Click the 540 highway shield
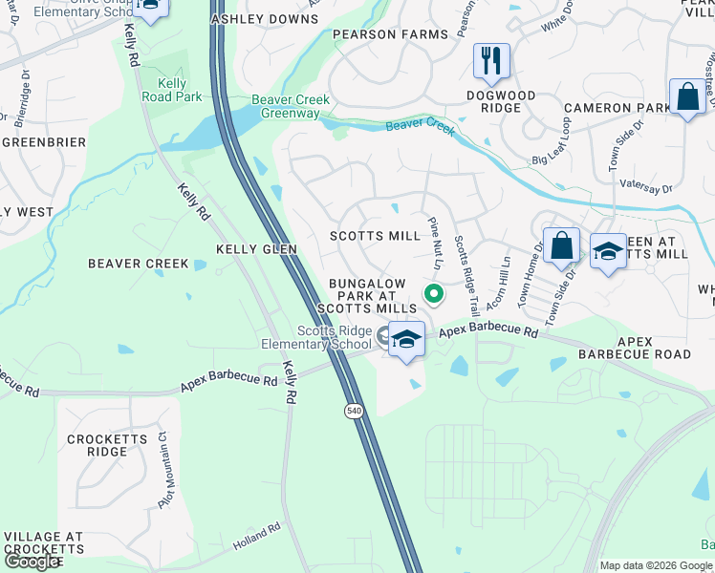point(353,410)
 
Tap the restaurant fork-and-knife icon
point(491,61)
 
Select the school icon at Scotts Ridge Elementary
point(406,340)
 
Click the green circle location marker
point(433,294)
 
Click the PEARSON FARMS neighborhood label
point(390,34)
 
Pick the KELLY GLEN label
point(256,248)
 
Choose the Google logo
point(32,562)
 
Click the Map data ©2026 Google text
point(656,565)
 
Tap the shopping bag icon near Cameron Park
point(686,96)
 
